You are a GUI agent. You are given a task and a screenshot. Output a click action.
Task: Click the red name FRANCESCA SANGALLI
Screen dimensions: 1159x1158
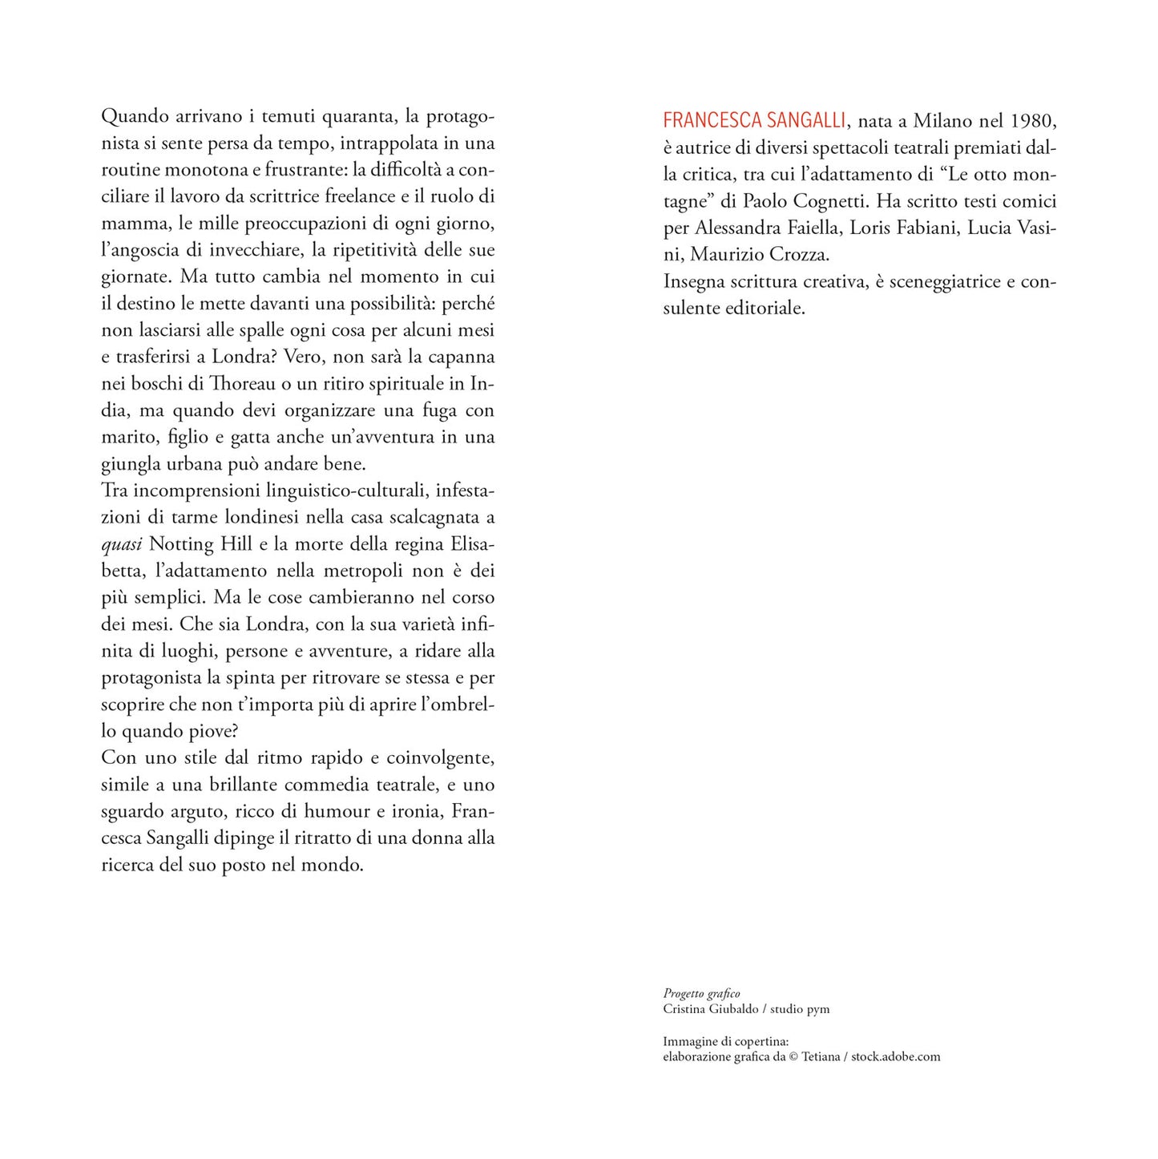point(754,121)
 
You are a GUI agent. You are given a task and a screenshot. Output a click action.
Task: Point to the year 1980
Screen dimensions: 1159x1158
point(1033,121)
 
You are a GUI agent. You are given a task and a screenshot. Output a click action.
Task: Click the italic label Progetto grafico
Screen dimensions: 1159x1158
point(701,994)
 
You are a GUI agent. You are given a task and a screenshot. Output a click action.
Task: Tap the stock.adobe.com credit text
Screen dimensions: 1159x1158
point(896,1056)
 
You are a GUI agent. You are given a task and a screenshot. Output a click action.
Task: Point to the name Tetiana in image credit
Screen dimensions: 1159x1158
point(821,1056)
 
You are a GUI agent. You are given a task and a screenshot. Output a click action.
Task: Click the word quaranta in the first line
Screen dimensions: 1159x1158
point(356,116)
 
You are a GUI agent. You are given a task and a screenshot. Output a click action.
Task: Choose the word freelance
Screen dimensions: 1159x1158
point(361,196)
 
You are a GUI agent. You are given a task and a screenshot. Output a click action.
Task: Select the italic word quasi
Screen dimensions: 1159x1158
point(122,544)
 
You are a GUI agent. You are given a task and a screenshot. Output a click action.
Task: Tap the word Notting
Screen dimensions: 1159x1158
point(182,543)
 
